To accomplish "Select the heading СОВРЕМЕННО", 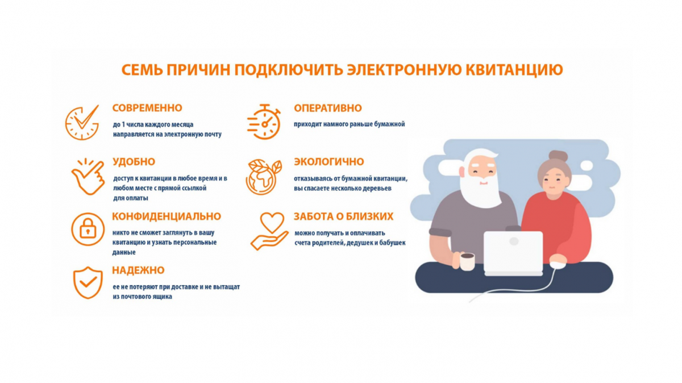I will click(x=147, y=108).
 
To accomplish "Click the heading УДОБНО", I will click(x=134, y=162).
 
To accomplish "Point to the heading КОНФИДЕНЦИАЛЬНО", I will click(x=167, y=217).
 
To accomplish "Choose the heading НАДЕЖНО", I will click(x=138, y=270).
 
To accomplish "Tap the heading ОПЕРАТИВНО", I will click(x=327, y=108).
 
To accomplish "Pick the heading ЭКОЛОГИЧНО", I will click(x=328, y=162).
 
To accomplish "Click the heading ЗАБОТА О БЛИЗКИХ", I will click(x=343, y=217).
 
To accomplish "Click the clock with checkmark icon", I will click(x=82, y=122).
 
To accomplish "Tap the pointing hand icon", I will click(x=88, y=176).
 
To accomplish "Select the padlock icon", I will click(x=88, y=229).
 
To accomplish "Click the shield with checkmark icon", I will click(x=88, y=282).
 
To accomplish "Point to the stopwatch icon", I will click(x=264, y=122).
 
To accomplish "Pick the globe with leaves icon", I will click(x=264, y=177).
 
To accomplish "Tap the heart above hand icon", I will click(x=269, y=231).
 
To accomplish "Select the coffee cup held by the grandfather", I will click(x=467, y=261).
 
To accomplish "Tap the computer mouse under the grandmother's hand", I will click(x=558, y=263).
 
